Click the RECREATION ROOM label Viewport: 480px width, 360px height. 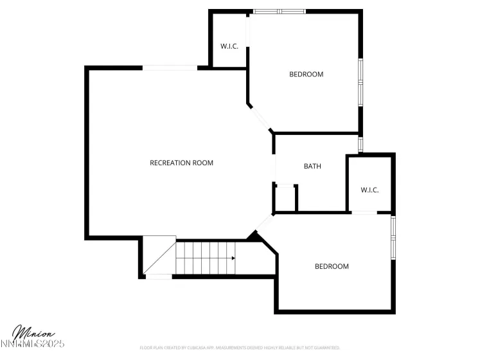pyautogui.click(x=181, y=163)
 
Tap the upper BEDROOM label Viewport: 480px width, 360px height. pyautogui.click(x=306, y=74)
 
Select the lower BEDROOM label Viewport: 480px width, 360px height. pyautogui.click(x=331, y=266)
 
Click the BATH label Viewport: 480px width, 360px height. pyautogui.click(x=312, y=166)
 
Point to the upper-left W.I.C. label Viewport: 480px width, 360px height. pyautogui.click(x=229, y=46)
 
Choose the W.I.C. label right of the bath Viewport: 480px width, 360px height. pyautogui.click(x=369, y=190)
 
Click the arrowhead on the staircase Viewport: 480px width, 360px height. pyautogui.click(x=233, y=258)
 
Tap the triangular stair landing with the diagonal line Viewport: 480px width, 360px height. pyautogui.click(x=158, y=254)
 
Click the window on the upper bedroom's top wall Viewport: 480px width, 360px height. pyautogui.click(x=279, y=11)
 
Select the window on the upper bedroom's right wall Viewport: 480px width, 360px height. pyautogui.click(x=360, y=82)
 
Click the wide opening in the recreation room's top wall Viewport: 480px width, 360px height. pyautogui.click(x=170, y=67)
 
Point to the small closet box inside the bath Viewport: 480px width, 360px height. pyautogui.click(x=285, y=198)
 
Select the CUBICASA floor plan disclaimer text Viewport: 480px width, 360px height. pyautogui.click(x=240, y=348)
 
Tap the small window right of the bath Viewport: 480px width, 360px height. pyautogui.click(x=360, y=144)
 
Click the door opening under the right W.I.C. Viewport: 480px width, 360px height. pyautogui.click(x=364, y=213)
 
